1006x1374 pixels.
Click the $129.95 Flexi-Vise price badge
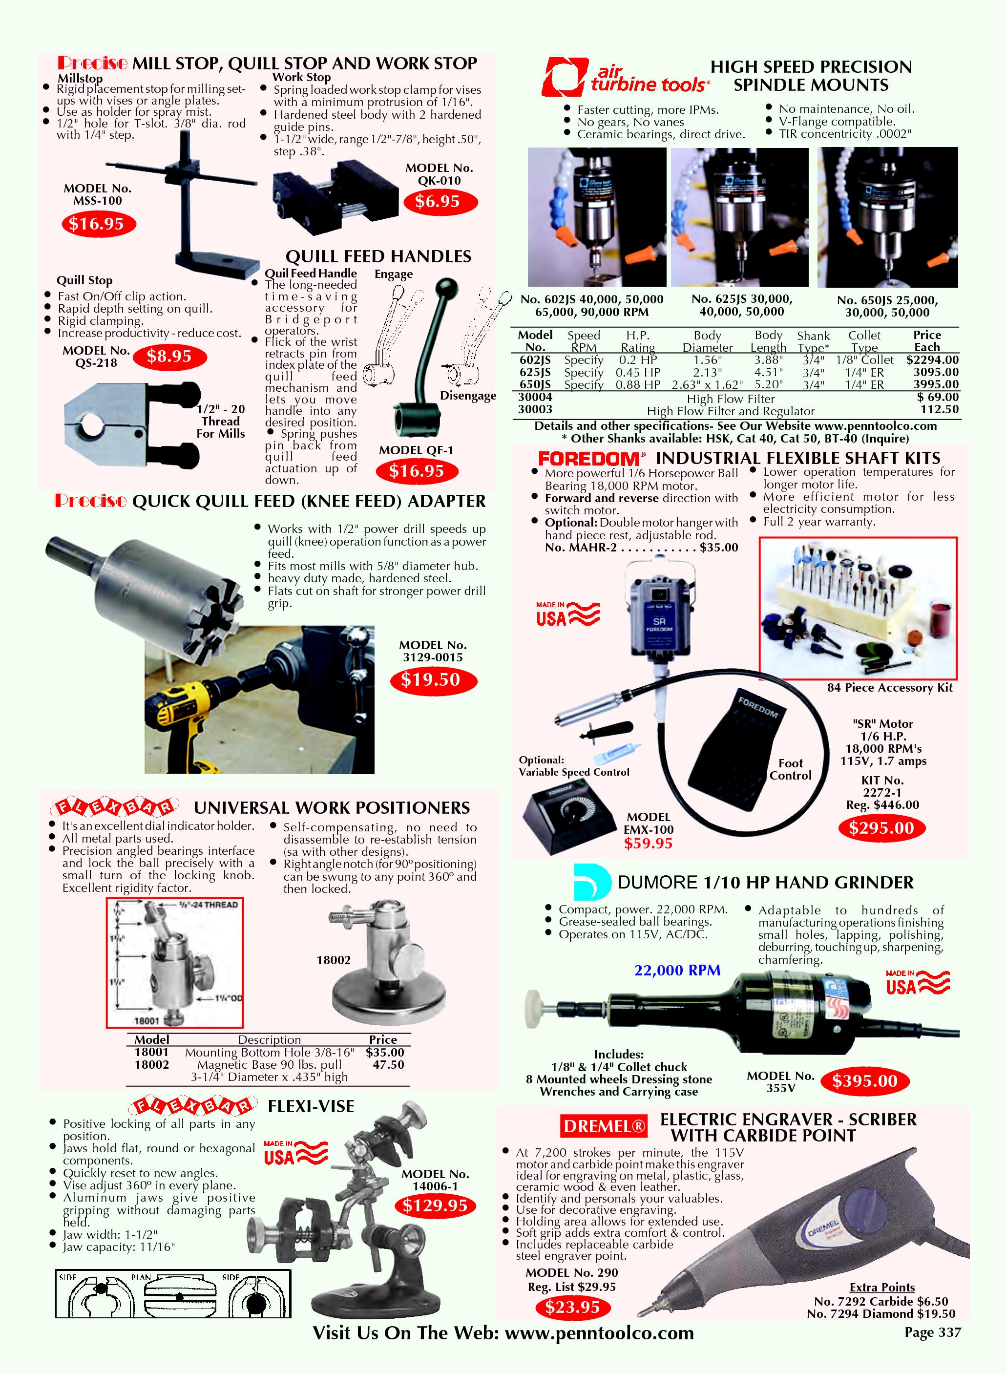point(435,1205)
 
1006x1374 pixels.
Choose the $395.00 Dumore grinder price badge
point(865,1081)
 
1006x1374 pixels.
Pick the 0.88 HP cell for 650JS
point(638,385)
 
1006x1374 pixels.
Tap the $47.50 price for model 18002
point(388,1065)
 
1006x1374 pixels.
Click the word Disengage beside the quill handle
point(468,396)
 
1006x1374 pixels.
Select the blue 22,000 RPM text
point(677,970)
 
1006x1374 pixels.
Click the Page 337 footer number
point(932,1332)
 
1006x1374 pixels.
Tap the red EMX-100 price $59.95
point(648,843)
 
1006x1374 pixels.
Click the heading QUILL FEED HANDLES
point(378,256)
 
